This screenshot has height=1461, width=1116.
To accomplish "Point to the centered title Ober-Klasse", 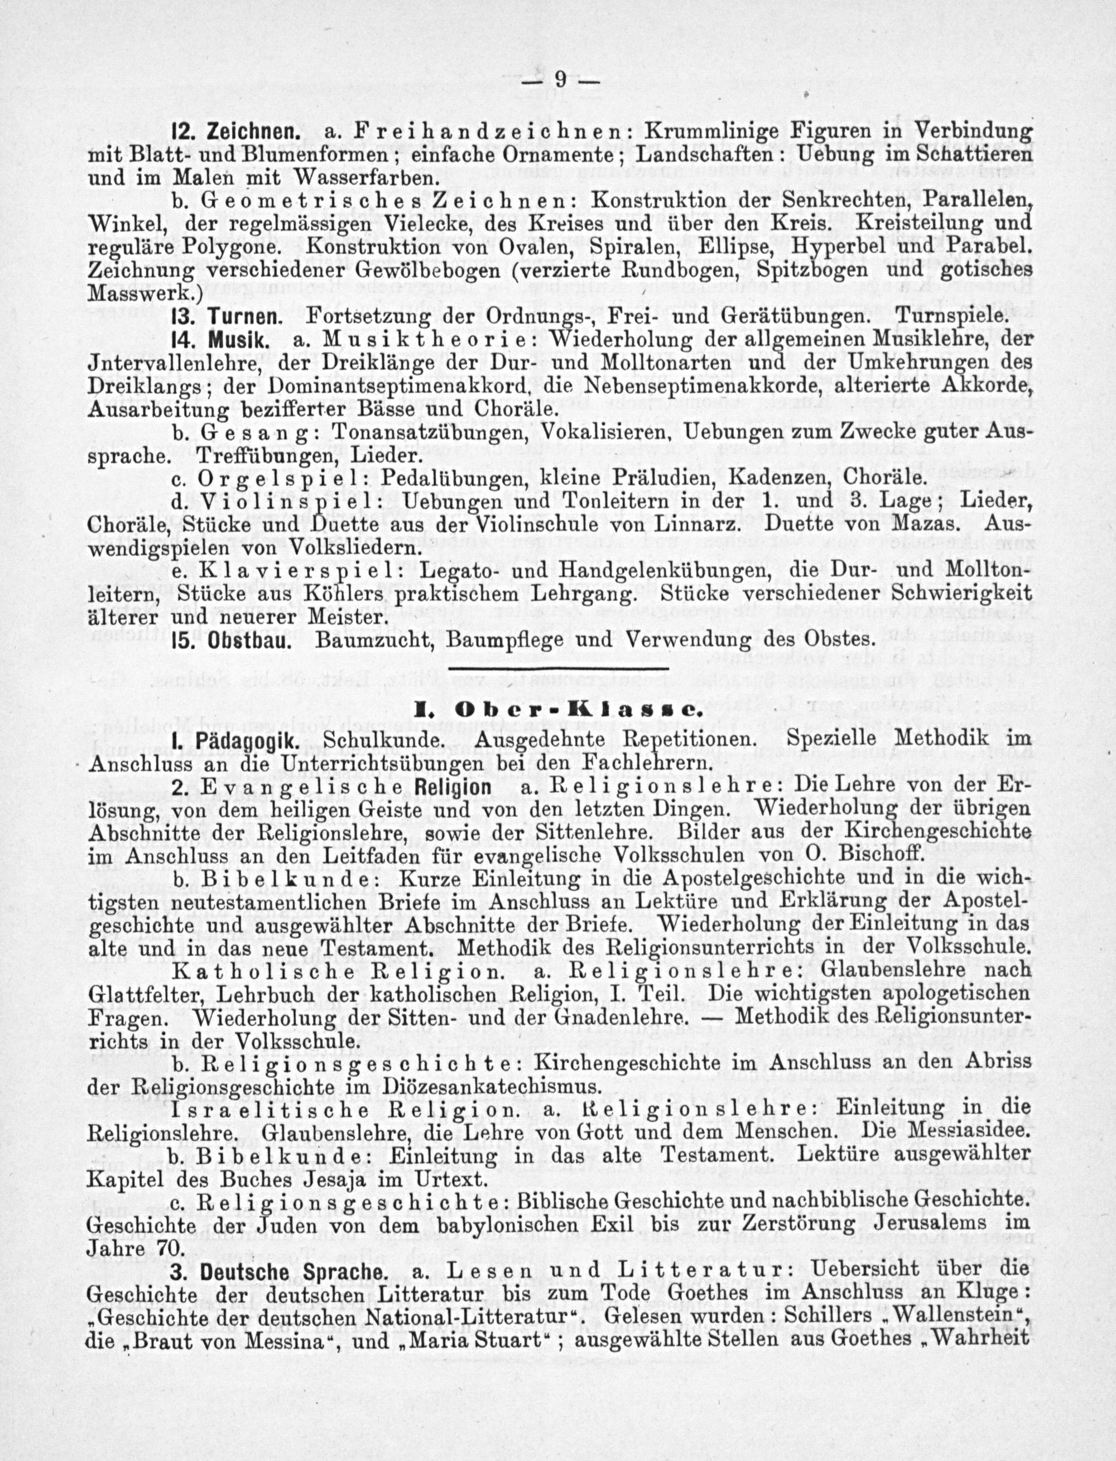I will [557, 710].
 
